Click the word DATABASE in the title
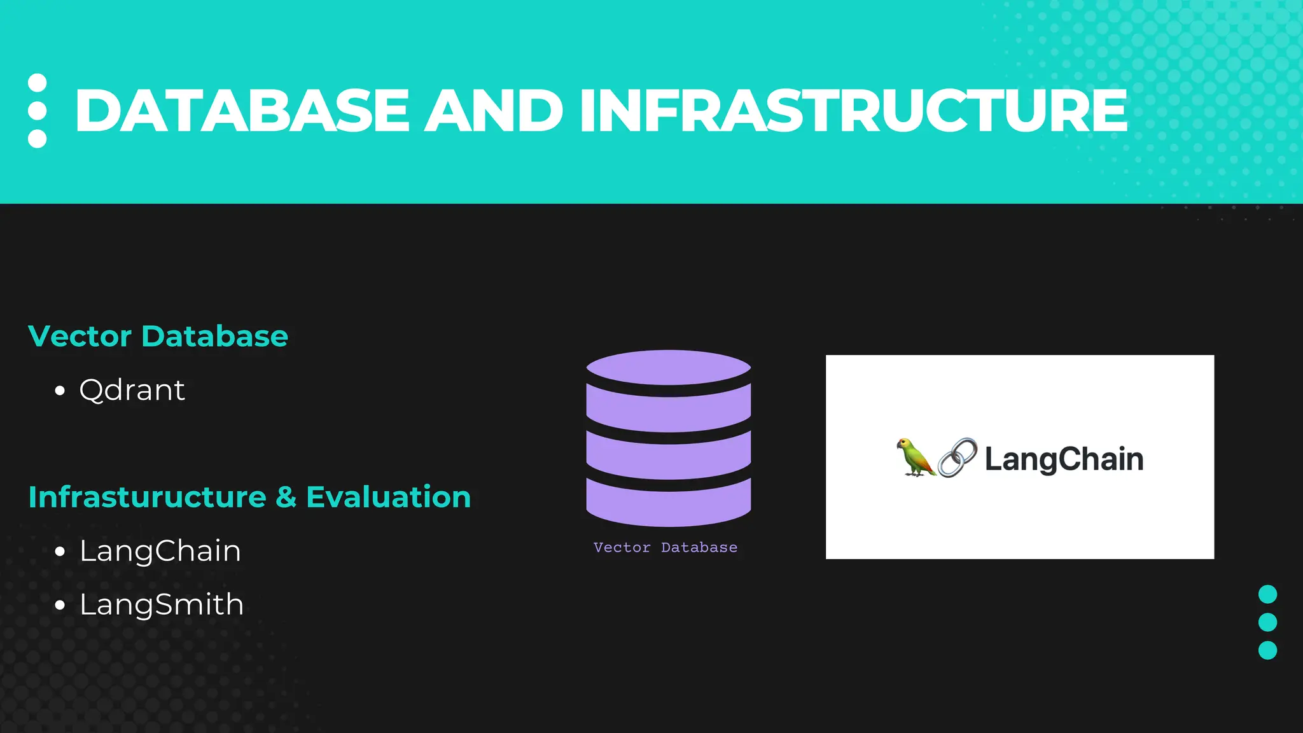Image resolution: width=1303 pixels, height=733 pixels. pos(242,111)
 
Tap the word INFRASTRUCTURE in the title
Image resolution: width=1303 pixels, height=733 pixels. pos(853,111)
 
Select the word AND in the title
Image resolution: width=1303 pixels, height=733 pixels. pos(494,111)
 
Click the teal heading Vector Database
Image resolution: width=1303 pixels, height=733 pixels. pos(158,336)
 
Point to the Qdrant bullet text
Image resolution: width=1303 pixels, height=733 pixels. pos(132,390)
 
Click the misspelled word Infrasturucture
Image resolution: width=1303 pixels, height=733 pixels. pos(147,497)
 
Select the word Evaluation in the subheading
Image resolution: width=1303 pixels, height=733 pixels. pos(388,497)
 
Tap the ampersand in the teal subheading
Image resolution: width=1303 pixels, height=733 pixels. pos(286,497)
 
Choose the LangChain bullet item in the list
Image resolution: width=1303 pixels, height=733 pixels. pos(160,551)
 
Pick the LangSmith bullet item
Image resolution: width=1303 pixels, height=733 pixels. pos(162,604)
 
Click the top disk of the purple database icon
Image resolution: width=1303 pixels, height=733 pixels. pos(669,367)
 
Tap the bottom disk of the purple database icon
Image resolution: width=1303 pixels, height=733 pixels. pos(669,503)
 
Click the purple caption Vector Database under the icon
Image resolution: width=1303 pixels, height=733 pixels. pos(665,547)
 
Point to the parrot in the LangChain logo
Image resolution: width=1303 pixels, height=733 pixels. pos(914,457)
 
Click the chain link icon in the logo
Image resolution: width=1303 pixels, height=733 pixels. pos(958,457)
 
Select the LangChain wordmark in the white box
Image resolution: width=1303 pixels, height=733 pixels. pos(1064,459)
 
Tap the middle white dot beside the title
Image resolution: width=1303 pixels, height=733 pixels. pos(38,111)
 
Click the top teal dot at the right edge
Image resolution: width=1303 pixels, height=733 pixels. pos(1267,594)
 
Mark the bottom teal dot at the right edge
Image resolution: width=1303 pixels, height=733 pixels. pos(1267,650)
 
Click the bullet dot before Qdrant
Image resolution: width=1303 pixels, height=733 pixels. pos(60,391)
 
